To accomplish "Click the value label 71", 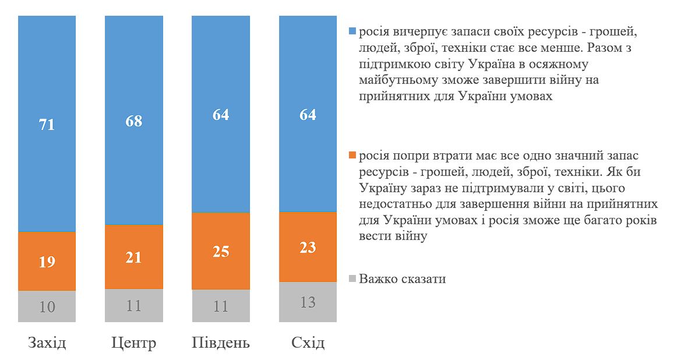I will point(47,125).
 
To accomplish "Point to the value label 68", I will point(133,121).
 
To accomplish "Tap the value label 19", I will point(47,262).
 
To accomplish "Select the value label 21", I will point(133,257).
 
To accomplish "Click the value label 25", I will point(220,252).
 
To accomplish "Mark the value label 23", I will point(308,248).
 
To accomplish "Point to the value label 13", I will point(308,302).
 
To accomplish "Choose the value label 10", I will point(47,307).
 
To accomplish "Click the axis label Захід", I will point(47,343).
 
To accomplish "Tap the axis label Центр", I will point(133,343).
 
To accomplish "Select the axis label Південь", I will point(220,343).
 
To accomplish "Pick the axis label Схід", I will point(308,343).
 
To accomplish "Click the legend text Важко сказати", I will point(403,278).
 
